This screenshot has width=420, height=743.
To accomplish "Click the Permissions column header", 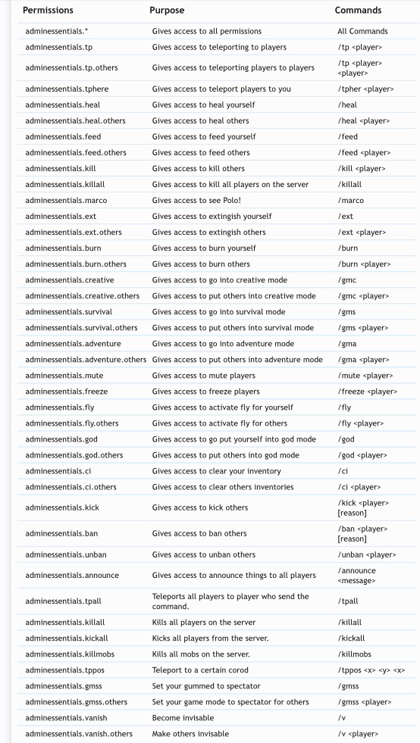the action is (48, 11).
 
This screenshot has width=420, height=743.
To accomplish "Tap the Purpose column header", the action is (167, 11).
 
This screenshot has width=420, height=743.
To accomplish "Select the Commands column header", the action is (358, 11).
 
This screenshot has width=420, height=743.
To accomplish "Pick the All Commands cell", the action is (362, 31).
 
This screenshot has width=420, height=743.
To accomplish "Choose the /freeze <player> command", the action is (367, 391).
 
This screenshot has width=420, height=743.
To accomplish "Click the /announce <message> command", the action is (356, 575).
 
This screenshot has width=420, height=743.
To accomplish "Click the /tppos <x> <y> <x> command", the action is (371, 670).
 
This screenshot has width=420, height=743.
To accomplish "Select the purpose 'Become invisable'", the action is (183, 717).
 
